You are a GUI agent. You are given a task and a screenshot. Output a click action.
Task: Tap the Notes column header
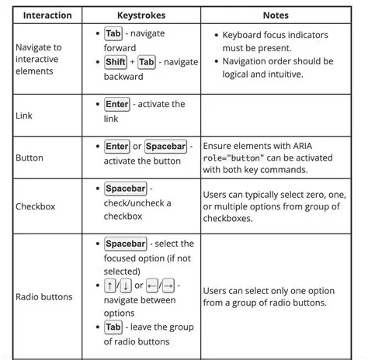point(276,15)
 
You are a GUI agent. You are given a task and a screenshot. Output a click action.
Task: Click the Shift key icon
point(116,62)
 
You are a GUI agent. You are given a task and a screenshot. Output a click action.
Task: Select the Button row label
point(30,157)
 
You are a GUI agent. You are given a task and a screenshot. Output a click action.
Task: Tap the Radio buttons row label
point(44,296)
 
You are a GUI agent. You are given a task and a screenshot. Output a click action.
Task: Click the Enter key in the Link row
point(117,104)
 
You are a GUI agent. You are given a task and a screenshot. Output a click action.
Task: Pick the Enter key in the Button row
point(117,146)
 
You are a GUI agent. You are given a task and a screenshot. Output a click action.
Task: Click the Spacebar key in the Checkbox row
point(125,189)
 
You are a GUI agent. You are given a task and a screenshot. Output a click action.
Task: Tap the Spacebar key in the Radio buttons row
point(125,244)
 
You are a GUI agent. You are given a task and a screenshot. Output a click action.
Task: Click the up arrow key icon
point(109,286)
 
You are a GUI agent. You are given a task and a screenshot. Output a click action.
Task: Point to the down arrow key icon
point(124,286)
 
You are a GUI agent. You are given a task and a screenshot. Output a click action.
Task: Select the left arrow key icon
point(154,286)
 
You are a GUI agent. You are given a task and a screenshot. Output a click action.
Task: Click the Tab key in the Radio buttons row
point(113,327)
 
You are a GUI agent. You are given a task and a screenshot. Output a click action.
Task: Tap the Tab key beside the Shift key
point(148,62)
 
